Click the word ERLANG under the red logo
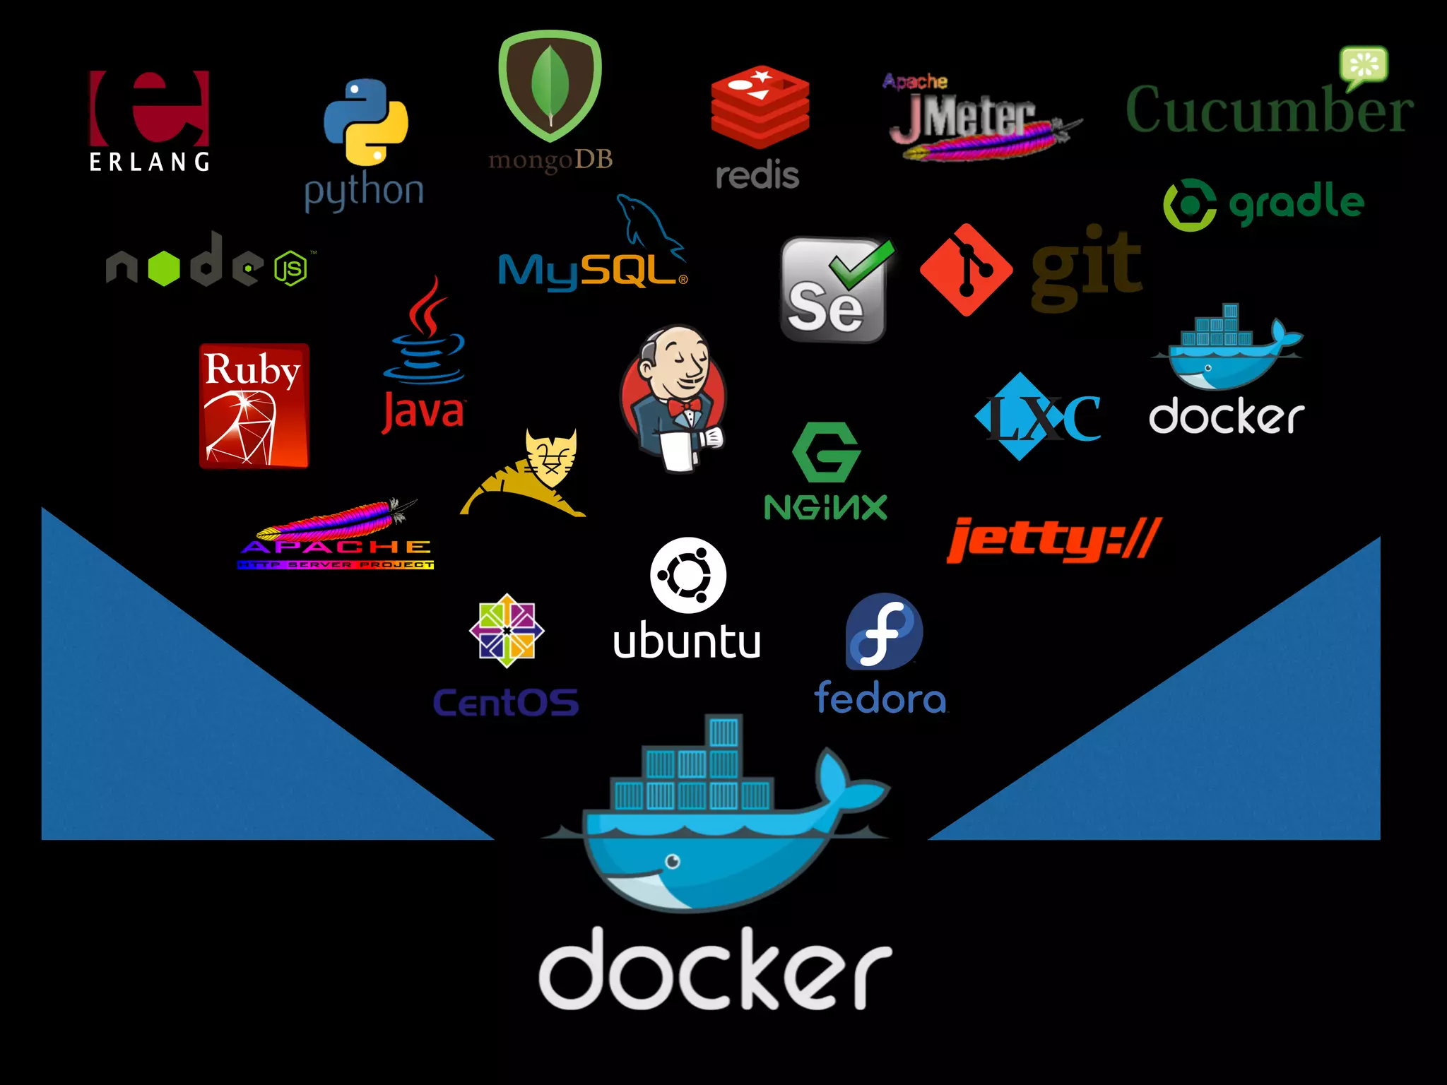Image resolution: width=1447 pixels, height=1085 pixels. [x=149, y=162]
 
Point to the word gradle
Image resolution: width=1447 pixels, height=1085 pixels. [x=1297, y=203]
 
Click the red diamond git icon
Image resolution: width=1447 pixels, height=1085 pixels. [x=966, y=270]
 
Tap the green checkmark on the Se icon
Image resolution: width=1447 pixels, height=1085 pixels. [x=862, y=263]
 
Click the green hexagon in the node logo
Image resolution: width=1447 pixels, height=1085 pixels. [x=164, y=268]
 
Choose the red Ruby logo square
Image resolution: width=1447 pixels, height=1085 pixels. [x=254, y=405]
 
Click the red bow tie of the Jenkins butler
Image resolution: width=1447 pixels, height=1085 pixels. [x=684, y=407]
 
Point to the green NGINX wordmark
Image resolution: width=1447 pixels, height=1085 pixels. [x=825, y=507]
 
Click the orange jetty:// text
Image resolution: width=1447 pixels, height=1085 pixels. [x=1053, y=540]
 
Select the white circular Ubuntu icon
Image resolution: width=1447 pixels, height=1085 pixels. [x=687, y=575]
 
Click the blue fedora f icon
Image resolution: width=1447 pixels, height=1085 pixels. [x=884, y=632]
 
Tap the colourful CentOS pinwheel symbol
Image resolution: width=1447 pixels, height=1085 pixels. [x=507, y=631]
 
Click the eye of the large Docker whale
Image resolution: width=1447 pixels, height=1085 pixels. [x=673, y=860]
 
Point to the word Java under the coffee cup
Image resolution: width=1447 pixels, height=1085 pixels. [x=423, y=412]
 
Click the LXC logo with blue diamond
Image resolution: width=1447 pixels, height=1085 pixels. [x=1037, y=417]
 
